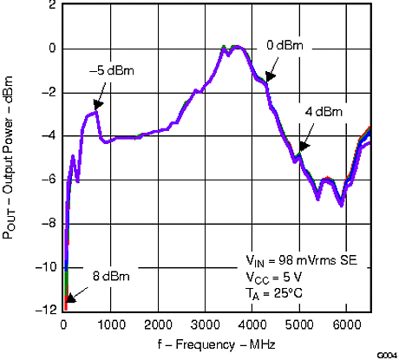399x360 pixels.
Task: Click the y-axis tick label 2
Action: [52, 6]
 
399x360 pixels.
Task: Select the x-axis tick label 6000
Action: [346, 325]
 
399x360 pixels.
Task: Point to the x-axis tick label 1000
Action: [111, 325]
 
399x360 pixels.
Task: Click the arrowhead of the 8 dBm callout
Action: [68, 298]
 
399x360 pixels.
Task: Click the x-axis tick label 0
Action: [64, 325]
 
